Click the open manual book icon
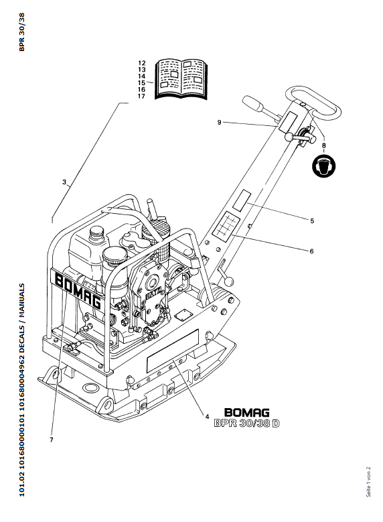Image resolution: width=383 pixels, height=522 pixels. click(x=181, y=79)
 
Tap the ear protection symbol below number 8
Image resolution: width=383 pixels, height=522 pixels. click(x=323, y=166)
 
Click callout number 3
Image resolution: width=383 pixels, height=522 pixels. click(x=64, y=182)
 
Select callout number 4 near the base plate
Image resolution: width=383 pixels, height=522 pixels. click(x=207, y=417)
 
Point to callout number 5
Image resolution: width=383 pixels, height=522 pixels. click(x=312, y=220)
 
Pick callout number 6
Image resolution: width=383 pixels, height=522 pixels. click(x=311, y=251)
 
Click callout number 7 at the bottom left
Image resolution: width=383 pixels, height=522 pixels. click(x=52, y=440)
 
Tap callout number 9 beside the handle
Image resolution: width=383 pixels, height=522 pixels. click(x=219, y=123)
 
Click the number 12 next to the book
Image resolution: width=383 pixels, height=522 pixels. click(x=142, y=63)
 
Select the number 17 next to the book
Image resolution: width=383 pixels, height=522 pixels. click(x=142, y=96)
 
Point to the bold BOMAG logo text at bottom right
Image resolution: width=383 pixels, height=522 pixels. click(x=247, y=413)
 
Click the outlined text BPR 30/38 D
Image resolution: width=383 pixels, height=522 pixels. click(x=246, y=423)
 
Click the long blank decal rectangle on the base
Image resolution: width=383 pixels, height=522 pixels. click(x=173, y=351)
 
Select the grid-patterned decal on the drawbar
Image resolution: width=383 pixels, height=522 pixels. click(x=227, y=226)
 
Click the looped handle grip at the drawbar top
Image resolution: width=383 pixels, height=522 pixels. click(x=313, y=102)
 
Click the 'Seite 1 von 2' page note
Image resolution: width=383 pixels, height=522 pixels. click(x=368, y=482)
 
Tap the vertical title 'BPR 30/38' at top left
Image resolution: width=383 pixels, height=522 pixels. click(x=22, y=32)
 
